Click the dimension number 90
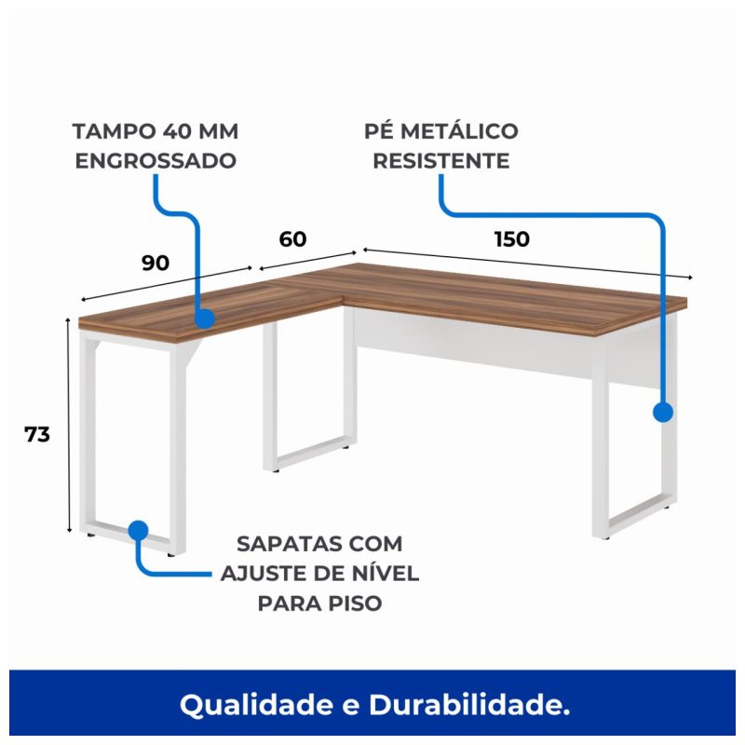pos(156,263)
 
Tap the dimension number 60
pos(292,239)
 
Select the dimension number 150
pos(511,239)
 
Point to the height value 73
pos(37,434)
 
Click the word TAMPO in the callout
pos(115,131)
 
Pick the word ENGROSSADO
pos(156,161)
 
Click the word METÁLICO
pos(459,130)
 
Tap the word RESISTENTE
pos(440,161)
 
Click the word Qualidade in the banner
pos(257,705)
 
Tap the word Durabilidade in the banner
pos(469,705)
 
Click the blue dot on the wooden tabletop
pos(205,318)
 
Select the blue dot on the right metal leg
pos(663,412)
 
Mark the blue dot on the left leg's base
pos(138,530)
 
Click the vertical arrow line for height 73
pos(69,426)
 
